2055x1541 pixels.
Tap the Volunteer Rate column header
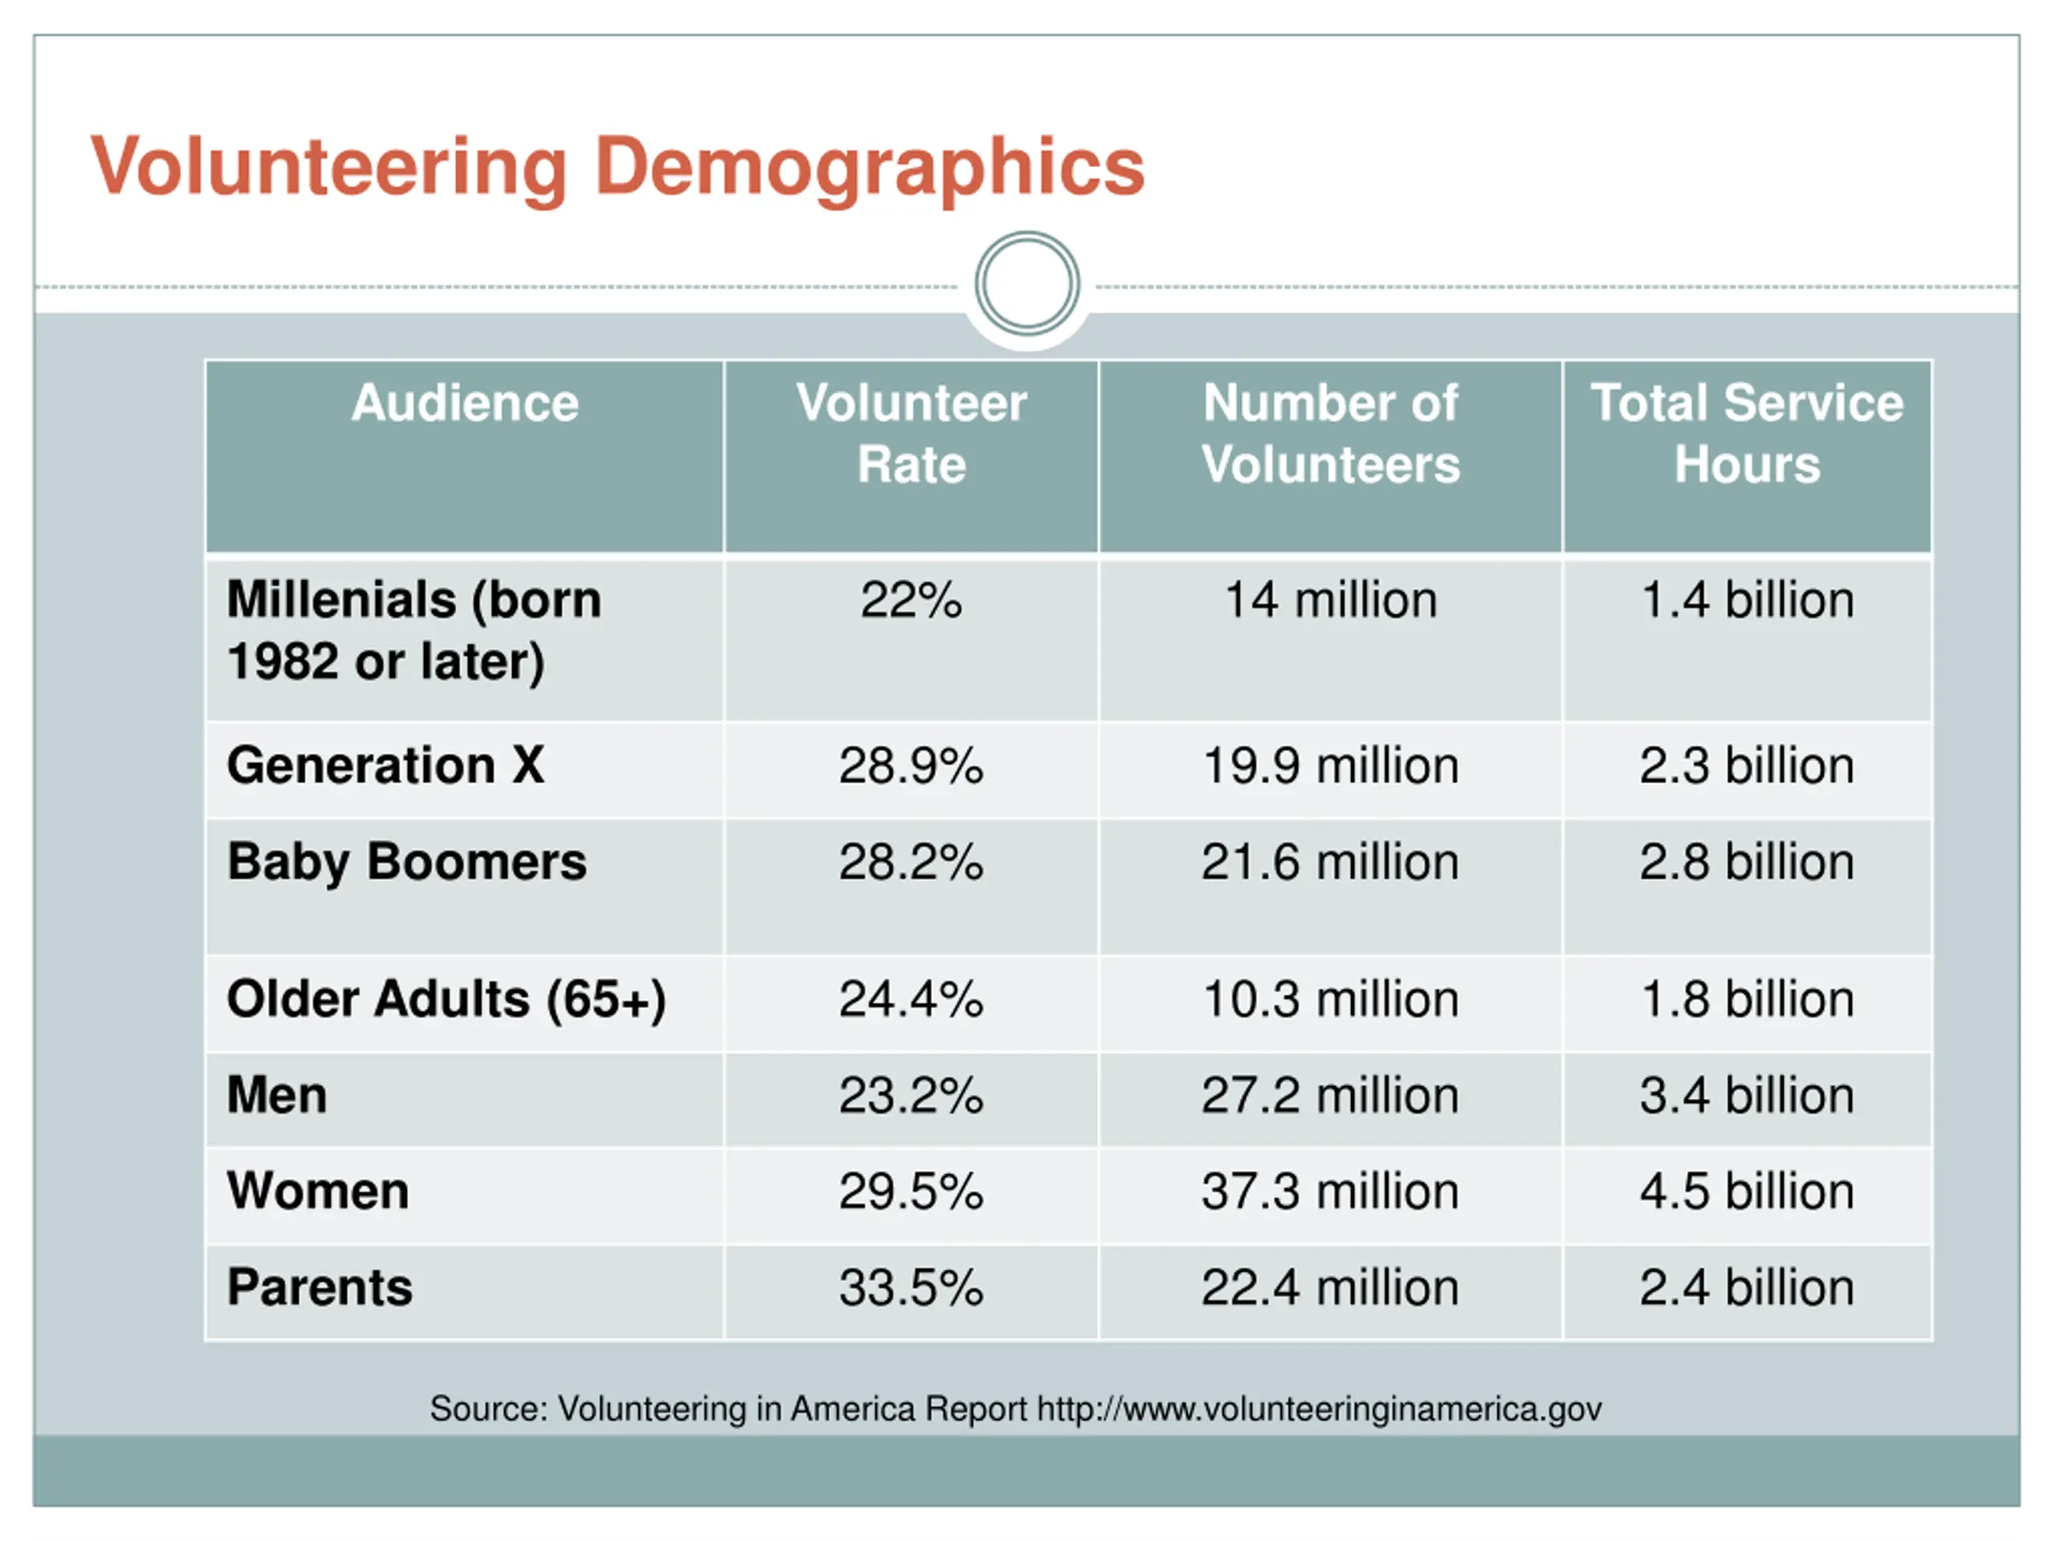click(910, 433)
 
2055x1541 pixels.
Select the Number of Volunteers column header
click(1329, 433)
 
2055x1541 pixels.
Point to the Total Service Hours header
click(1747, 433)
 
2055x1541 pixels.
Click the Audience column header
click(465, 403)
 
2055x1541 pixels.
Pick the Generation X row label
click(385, 766)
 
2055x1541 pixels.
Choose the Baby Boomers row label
click(407, 862)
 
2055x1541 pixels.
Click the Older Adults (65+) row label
click(446, 999)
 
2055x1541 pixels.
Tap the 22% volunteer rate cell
click(910, 600)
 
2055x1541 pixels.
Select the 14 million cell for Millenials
click(1330, 600)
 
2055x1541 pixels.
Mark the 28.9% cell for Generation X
click(910, 766)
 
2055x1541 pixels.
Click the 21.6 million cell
click(1329, 862)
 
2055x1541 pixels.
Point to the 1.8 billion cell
click(1747, 999)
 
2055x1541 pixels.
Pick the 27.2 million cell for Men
click(1329, 1096)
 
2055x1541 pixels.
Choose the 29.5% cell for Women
click(910, 1192)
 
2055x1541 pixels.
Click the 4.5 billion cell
click(1747, 1192)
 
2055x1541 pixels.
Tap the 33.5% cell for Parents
click(910, 1288)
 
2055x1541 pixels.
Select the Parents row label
click(319, 1288)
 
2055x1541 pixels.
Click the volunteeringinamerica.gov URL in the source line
click(1319, 1409)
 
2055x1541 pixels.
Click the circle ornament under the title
click(1027, 283)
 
